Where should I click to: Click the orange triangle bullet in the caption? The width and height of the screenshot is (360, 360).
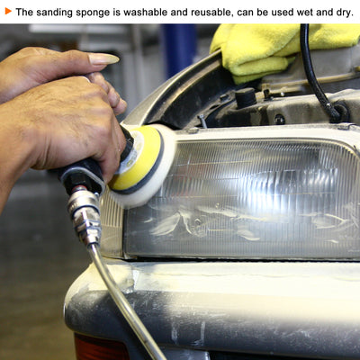click(x=8, y=12)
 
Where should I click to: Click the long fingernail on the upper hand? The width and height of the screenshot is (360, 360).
click(x=103, y=58)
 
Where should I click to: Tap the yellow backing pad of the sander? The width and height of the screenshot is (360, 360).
click(x=138, y=158)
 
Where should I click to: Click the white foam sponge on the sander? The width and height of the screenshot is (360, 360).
click(x=147, y=168)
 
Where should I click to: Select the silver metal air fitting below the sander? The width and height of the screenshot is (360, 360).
click(x=85, y=218)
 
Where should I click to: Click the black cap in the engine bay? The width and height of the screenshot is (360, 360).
click(x=246, y=97)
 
